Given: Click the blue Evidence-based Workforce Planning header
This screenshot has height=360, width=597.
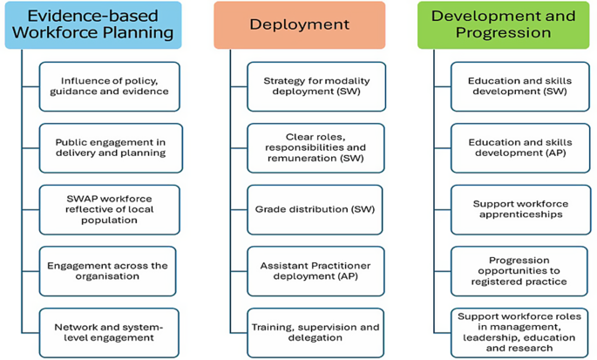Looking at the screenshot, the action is coord(93,25).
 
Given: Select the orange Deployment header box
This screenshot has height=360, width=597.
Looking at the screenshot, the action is coord(299,25).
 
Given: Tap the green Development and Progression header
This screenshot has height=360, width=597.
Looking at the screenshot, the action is coord(503,25).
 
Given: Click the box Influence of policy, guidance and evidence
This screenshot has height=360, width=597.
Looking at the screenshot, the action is coord(109,86).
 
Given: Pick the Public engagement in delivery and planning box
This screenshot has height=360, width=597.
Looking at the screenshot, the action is coord(111,148).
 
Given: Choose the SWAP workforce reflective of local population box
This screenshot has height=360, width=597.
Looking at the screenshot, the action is coord(109,209).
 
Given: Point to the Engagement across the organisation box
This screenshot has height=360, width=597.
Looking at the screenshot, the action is coord(107,271).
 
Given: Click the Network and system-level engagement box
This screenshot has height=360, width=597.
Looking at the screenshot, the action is coord(109,333).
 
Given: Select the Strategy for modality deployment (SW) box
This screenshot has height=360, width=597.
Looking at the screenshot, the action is coord(316,86).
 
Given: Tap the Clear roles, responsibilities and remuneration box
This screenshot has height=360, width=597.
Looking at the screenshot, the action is coord(315,148).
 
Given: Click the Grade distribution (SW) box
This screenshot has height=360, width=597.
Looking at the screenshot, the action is coord(315,209).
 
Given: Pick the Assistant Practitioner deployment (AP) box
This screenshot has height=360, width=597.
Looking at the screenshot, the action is coord(315,271).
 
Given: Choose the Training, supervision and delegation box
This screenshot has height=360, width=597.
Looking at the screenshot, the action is coord(315,333).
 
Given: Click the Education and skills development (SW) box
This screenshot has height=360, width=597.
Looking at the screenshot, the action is coord(520,86).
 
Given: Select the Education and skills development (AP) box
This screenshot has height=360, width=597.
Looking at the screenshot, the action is coord(520,148).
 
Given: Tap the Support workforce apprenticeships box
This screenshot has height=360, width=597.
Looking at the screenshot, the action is coord(521,209).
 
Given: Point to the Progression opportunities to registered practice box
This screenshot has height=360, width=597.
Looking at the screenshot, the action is coord(519,271).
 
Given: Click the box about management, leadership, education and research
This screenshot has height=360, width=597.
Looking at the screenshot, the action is coord(519,333).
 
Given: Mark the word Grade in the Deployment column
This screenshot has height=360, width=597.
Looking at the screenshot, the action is coord(268,209).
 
